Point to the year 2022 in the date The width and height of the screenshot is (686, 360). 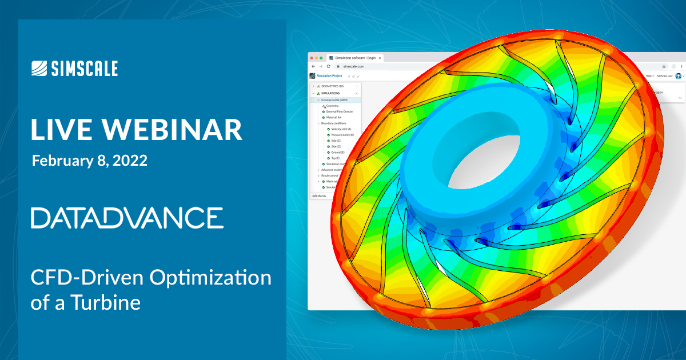[129, 161]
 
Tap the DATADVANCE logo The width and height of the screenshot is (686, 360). [127, 218]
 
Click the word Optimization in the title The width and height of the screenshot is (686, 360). [210, 278]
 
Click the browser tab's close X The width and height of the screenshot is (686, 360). [380, 58]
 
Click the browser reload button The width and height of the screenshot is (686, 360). [328, 66]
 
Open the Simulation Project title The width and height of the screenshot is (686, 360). [329, 75]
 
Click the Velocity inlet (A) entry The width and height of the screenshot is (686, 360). [342, 129]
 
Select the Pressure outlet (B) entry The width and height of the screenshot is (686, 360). [343, 135]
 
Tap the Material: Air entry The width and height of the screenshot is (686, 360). [337, 117]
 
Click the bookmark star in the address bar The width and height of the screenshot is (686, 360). [664, 66]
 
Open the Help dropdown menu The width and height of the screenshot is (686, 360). [650, 75]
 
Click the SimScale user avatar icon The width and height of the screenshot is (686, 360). [679, 75]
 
